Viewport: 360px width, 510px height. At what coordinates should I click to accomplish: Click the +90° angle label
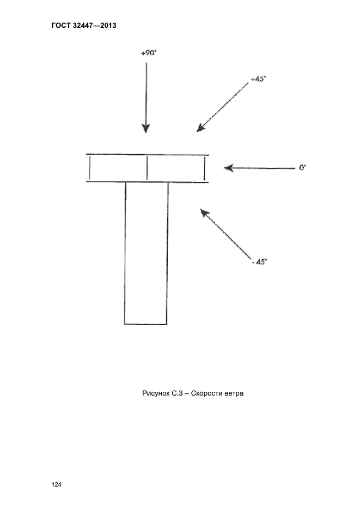coord(149,52)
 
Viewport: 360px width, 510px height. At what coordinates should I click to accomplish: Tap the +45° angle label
coord(258,79)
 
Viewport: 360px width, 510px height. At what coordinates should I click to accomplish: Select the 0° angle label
coord(302,168)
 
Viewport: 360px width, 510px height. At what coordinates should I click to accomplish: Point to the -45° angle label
coord(259,262)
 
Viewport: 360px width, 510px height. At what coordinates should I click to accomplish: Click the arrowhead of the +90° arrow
coord(146,129)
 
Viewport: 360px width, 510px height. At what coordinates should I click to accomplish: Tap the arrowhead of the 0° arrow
coord(229,168)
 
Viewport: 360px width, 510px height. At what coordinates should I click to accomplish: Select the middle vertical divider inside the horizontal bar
coord(147,168)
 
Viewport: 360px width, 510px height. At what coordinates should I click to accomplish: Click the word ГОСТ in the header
coord(60,26)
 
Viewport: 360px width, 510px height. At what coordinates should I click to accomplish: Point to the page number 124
coord(56,484)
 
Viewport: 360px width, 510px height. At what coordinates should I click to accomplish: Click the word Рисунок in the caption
coord(155,393)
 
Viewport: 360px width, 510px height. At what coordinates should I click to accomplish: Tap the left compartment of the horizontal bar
coord(118,168)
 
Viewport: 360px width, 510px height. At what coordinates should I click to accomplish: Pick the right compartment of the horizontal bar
coord(175,168)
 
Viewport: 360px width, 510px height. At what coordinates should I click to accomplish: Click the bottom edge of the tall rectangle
coord(146,324)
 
